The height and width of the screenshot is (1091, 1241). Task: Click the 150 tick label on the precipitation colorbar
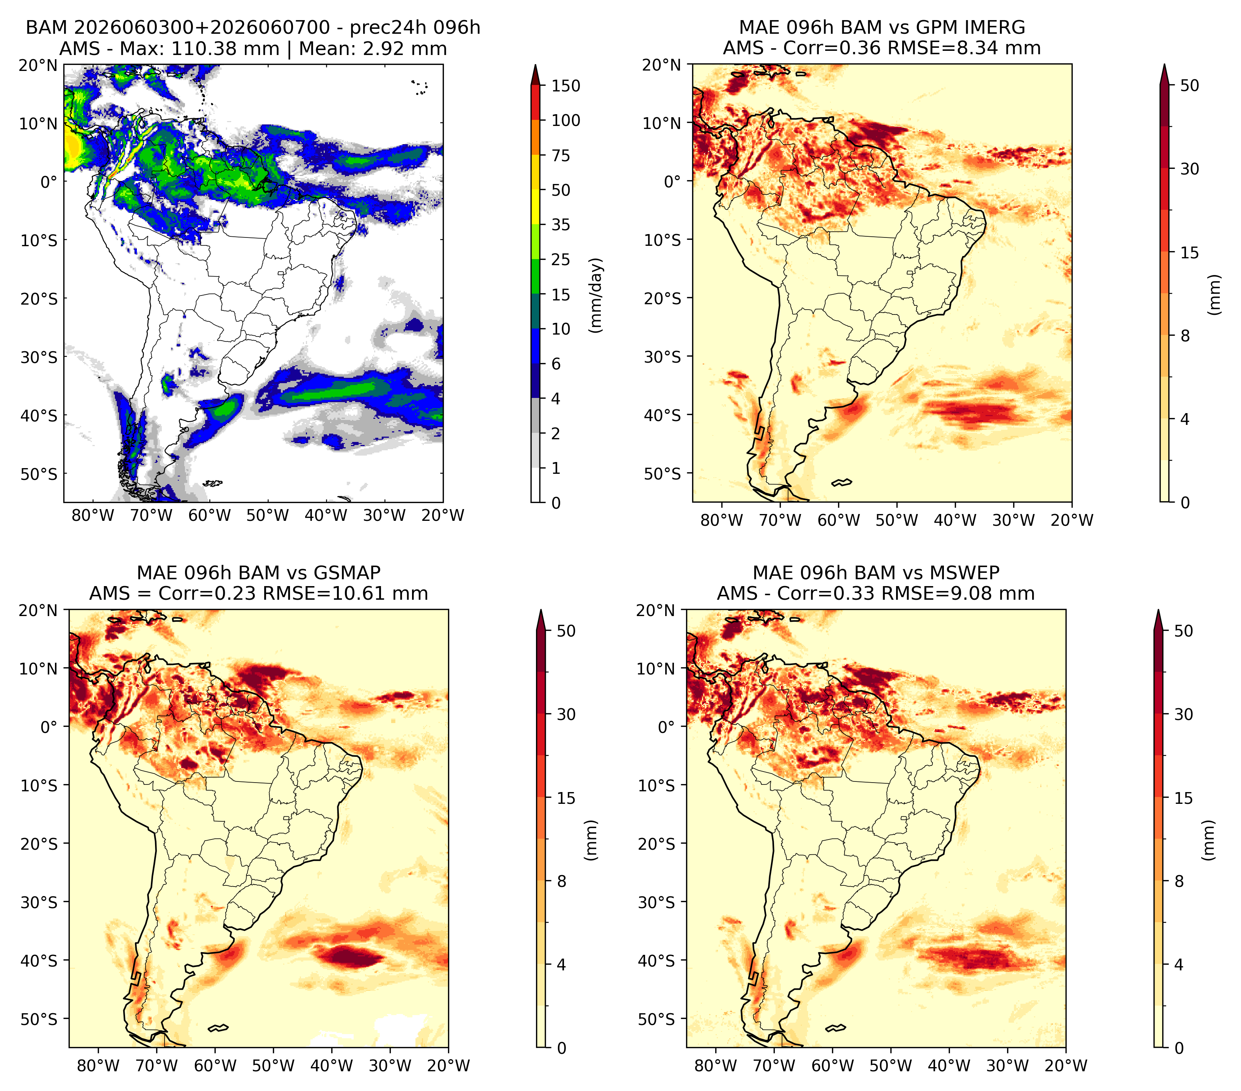tap(565, 86)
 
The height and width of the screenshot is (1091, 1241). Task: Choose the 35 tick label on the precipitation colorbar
tap(560, 225)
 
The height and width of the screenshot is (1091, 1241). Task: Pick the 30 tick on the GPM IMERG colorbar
tap(1189, 169)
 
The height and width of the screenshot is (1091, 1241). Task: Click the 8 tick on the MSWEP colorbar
tap(1178, 881)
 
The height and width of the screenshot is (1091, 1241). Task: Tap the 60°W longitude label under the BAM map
tap(210, 515)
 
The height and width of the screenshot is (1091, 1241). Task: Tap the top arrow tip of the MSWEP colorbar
tap(1158, 610)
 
